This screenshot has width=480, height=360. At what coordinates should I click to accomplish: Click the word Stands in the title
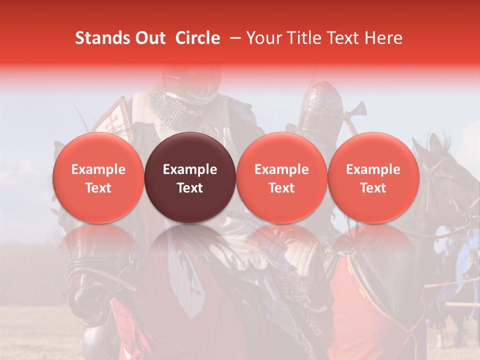pos(102,38)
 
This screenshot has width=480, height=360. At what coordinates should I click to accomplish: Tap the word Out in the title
pos(149,38)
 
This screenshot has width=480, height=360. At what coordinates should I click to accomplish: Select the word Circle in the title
pos(197,38)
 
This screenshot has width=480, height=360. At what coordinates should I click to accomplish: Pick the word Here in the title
pos(383,38)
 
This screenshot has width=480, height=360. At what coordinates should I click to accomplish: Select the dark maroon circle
pos(190,177)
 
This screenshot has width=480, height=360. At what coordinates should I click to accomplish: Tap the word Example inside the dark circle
pos(190,169)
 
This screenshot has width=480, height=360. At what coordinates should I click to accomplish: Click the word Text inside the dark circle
pos(190,188)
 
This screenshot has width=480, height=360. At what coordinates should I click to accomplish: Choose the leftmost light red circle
pos(98,177)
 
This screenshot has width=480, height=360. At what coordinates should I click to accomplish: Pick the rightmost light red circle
pos(373,177)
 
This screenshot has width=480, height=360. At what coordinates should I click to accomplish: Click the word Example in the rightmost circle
pos(373,169)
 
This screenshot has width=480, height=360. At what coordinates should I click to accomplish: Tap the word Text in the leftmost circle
pos(98,188)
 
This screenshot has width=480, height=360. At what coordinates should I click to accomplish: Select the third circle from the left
pos(281,177)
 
